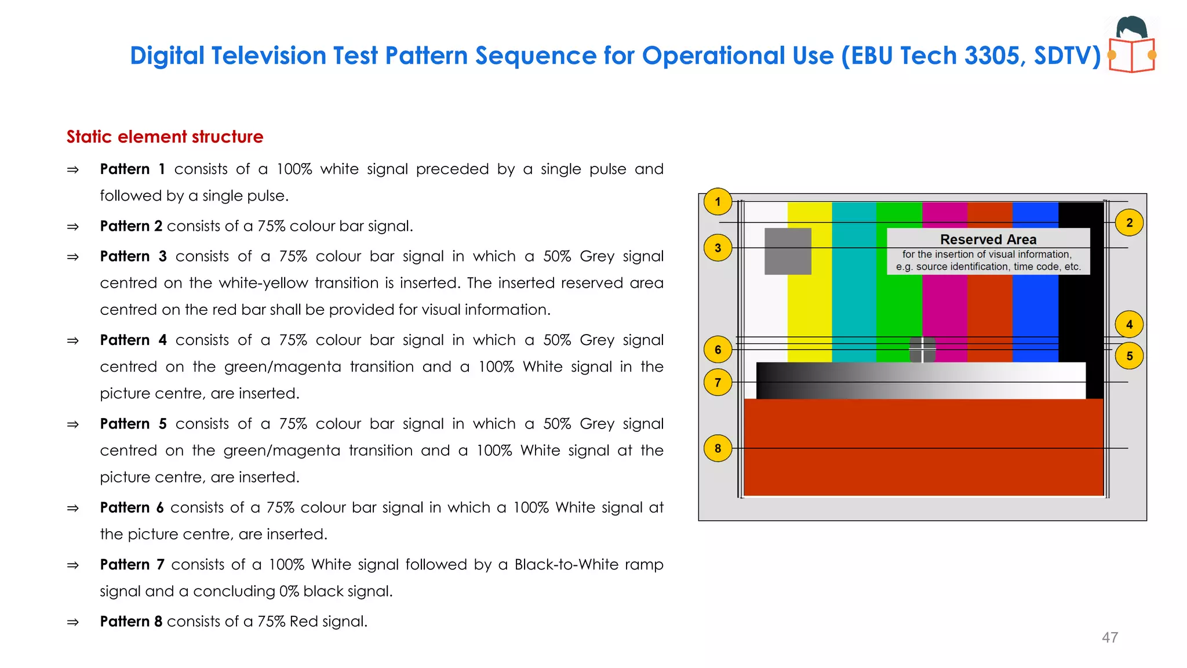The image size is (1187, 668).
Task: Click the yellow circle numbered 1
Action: [x=718, y=202]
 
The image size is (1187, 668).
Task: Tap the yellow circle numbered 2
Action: [x=1129, y=223]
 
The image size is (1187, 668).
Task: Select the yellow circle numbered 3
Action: [x=718, y=248]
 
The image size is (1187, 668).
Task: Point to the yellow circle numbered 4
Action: [x=1129, y=324]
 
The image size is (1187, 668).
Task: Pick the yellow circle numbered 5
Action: [x=1129, y=356]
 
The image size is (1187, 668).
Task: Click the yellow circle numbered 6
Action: [x=718, y=350]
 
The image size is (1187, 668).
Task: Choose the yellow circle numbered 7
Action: [x=718, y=382]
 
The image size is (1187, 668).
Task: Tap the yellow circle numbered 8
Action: [x=718, y=448]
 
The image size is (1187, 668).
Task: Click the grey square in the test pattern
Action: [x=788, y=251]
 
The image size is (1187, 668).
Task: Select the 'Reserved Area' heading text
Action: [x=988, y=239]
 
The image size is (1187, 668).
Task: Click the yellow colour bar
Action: [x=809, y=302]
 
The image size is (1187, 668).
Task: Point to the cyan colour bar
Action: [x=854, y=302]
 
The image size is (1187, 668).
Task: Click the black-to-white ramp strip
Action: [x=920, y=380]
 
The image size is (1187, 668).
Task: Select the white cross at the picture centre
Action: [x=922, y=350]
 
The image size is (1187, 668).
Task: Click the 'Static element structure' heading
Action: [x=165, y=137]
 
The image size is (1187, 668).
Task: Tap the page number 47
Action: [x=1109, y=637]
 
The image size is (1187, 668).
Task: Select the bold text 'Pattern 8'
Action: [x=131, y=622]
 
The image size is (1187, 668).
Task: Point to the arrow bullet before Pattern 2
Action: [x=73, y=227]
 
